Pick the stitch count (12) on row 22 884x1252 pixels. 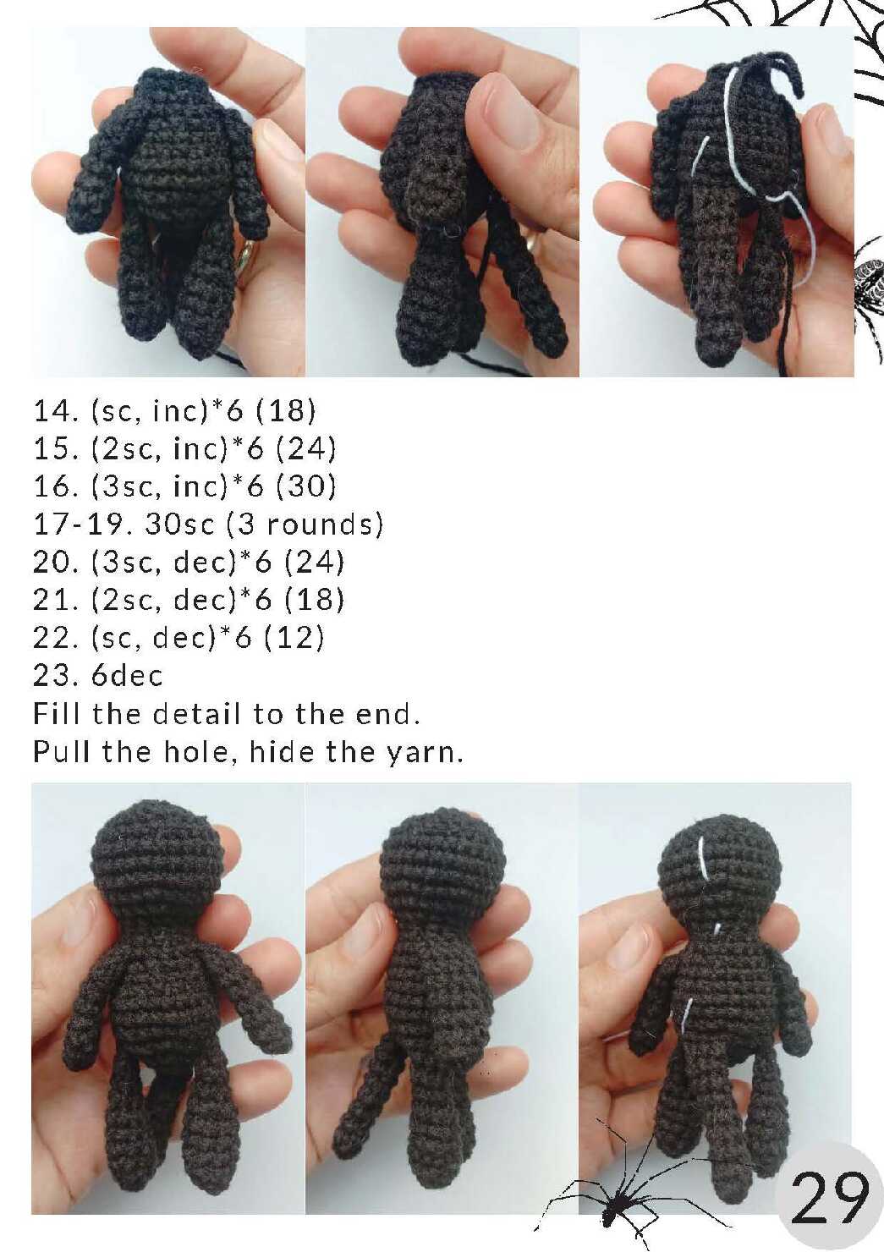pyautogui.click(x=294, y=638)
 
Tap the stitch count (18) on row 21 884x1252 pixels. pyautogui.click(x=314, y=600)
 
